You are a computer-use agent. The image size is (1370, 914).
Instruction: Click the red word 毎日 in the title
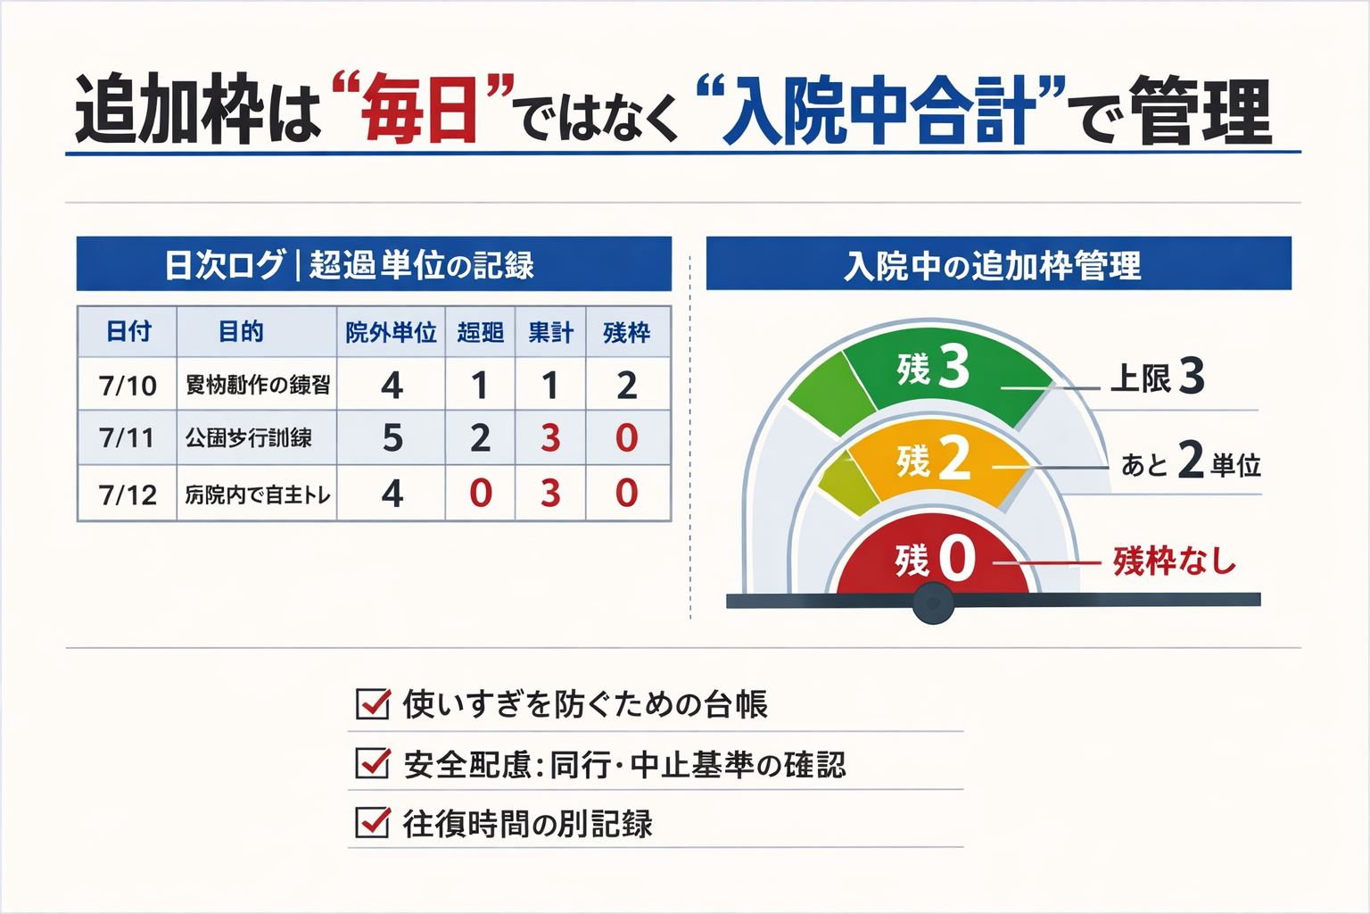[x=422, y=111]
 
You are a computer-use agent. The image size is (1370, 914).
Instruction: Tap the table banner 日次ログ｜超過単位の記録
[x=374, y=264]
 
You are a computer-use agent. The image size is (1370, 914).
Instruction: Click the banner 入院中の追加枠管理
[x=998, y=264]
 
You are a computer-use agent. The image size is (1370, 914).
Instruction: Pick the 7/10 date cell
[x=128, y=386]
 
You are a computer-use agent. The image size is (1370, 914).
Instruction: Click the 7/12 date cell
[x=128, y=494]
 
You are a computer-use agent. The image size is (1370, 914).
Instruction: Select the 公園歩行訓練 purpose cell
[x=249, y=438]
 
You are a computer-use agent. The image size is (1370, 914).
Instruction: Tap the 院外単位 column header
[x=391, y=333]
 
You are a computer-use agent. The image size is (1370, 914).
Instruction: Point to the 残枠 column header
[x=627, y=333]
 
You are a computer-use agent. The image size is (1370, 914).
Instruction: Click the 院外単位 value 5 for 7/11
[x=392, y=438]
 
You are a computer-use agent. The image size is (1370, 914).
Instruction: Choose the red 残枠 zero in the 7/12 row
[x=627, y=494]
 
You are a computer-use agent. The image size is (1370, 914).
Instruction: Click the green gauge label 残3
[x=933, y=367]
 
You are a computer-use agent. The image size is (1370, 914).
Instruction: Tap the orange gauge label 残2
[x=933, y=460]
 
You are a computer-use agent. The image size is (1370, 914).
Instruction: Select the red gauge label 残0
[x=935, y=560]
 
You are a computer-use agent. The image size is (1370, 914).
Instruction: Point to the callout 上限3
[x=1157, y=377]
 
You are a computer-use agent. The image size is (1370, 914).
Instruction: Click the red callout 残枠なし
[x=1174, y=561]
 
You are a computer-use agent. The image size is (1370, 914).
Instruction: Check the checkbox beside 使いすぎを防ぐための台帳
[x=372, y=704]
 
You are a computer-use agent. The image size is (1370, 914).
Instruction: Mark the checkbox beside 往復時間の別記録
[x=372, y=822]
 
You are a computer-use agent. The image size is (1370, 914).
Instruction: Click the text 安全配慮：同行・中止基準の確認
[x=624, y=765]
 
